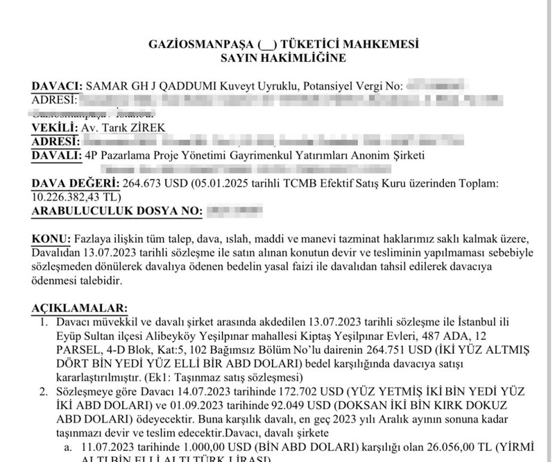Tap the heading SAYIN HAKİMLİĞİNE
[x=282, y=58]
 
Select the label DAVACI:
[x=56, y=87]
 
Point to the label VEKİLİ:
[x=54, y=128]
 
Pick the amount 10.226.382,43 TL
[x=75, y=196]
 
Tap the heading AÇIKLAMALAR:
[x=79, y=307]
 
